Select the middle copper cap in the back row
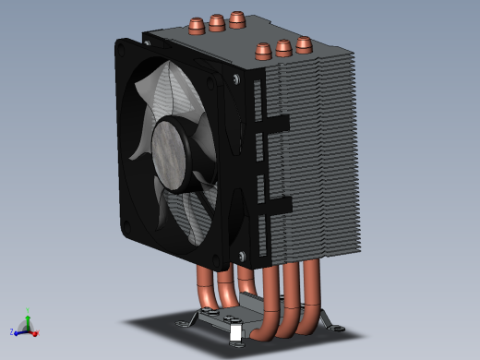click(x=216, y=21)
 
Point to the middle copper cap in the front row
click(x=283, y=46)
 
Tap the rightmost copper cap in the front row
click(x=304, y=42)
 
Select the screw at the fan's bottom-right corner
click(x=242, y=256)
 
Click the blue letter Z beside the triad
click(x=11, y=331)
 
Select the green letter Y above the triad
click(x=28, y=311)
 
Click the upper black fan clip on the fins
click(x=272, y=123)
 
